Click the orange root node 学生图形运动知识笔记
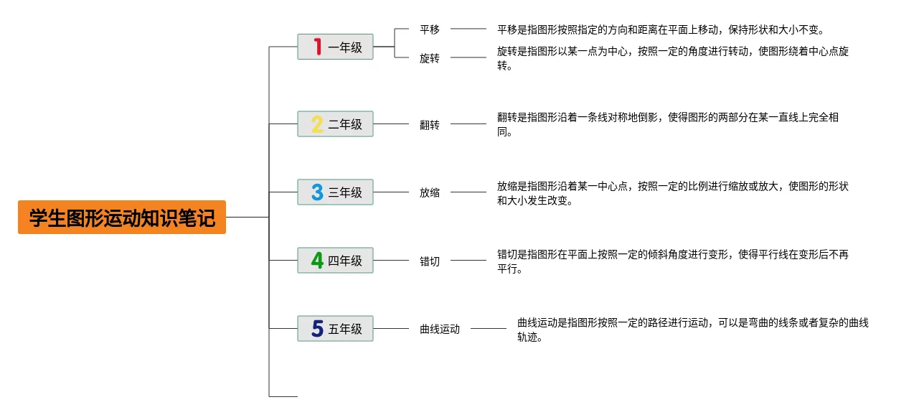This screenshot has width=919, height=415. (122, 217)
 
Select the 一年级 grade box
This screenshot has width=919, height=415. (335, 47)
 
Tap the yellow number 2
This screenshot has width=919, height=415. (317, 124)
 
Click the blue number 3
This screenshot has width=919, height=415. (317, 192)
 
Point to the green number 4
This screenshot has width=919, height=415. (317, 260)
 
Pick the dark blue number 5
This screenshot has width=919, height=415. (317, 328)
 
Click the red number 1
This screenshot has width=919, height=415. (318, 47)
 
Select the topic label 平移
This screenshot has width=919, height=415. (430, 29)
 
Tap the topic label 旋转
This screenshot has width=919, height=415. (430, 58)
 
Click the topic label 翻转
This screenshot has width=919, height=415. (430, 125)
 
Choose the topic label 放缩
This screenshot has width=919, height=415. (430, 192)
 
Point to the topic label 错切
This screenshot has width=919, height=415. (430, 261)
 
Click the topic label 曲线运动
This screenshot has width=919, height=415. (439, 330)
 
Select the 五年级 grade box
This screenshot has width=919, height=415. (335, 328)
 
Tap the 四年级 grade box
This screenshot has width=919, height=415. (335, 260)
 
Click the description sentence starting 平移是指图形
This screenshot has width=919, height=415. (661, 29)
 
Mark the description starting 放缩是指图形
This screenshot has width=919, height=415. (673, 193)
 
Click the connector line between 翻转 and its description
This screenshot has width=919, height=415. (468, 123)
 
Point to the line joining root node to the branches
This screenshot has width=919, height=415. (248, 217)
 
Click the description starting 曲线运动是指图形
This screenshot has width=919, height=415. (692, 330)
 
